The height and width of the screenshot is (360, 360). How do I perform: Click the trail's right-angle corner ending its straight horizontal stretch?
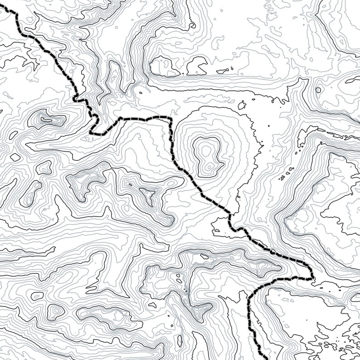tap(172, 118)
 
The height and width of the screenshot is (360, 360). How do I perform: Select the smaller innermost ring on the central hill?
tap(206, 149)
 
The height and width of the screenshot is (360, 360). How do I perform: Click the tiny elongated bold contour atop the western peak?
tap(46, 120)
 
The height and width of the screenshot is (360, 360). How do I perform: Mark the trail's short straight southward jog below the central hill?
tap(230, 220)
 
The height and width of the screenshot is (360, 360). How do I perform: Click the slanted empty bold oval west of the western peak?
tap(15, 157)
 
